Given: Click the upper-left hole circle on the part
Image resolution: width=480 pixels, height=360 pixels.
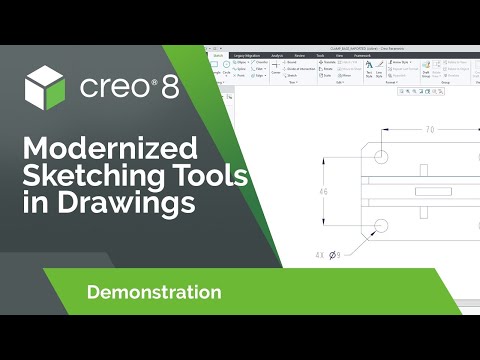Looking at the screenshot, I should coord(382,155).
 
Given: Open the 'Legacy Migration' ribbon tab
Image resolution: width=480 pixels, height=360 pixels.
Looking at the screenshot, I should coord(245,56).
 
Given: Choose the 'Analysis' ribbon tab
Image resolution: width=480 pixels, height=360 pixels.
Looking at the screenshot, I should coord(277,56).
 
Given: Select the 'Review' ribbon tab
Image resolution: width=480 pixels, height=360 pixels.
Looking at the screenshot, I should coord(300,56).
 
